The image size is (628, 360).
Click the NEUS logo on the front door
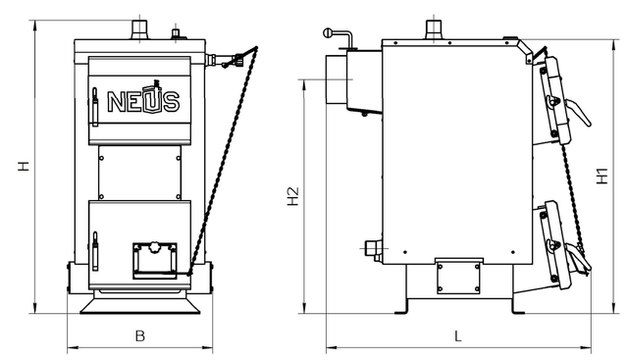point(143,98)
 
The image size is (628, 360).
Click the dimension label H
point(24,166)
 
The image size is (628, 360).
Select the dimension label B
point(139,335)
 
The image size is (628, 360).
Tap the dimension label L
point(458,335)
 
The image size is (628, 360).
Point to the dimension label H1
point(602,176)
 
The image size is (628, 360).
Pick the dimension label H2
point(293,196)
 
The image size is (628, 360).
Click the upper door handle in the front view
point(95,107)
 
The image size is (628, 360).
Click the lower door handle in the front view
point(95,251)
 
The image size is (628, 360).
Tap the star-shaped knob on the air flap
point(153,247)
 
